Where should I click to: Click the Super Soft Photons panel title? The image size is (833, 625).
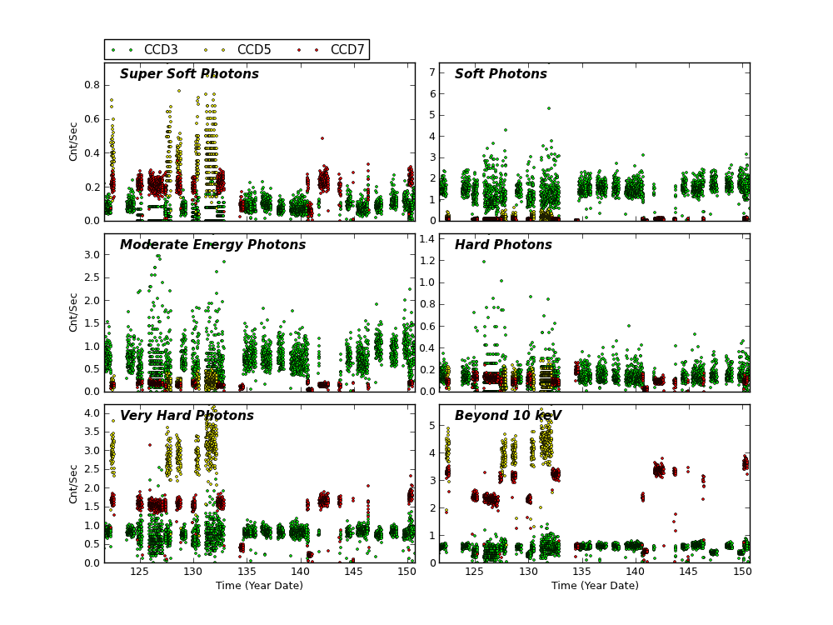189,74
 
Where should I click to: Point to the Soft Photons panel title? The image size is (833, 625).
501,74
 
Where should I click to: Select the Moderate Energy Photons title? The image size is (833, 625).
212,245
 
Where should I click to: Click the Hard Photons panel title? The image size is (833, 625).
503,245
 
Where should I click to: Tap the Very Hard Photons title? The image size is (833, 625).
187,416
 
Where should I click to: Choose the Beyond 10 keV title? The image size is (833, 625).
508,416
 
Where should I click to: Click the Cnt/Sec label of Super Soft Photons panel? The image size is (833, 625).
74,142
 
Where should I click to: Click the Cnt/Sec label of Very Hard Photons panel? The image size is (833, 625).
74,483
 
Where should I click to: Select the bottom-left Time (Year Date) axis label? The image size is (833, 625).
259,586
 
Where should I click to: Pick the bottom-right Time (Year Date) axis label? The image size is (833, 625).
595,586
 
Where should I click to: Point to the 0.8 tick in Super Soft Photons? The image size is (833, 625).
92,85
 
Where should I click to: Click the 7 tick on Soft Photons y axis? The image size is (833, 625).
431,72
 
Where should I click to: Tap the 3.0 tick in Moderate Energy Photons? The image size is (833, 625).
92,255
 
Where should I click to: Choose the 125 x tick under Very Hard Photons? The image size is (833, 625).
139,572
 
